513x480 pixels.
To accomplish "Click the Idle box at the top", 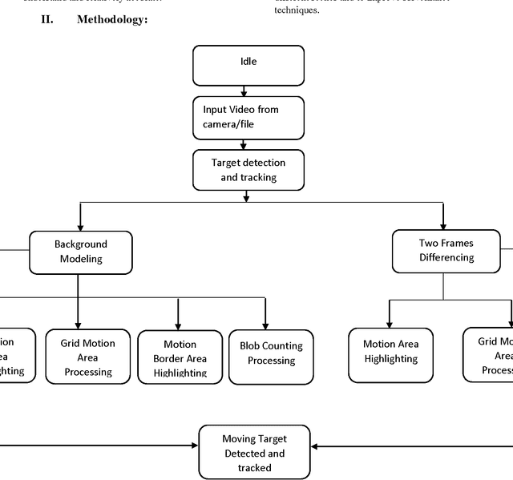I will tap(248, 65).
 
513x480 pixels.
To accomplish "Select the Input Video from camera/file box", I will tap(248, 118).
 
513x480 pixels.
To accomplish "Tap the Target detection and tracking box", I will tap(248, 170).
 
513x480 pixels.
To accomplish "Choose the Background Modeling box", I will tap(80, 252).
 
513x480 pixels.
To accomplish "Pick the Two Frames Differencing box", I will tap(446, 250).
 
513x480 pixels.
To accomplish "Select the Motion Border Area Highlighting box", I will tap(180, 358).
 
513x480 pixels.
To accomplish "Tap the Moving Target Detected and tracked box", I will tap(254, 452).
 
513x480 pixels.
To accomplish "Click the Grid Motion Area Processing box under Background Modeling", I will tap(88, 357).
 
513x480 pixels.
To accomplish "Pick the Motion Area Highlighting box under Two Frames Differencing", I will tap(390, 352).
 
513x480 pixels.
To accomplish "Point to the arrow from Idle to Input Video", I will tap(244, 91).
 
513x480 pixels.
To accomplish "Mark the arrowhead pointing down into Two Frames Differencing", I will tap(442, 224).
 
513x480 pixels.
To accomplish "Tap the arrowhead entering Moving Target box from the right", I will tap(316, 446).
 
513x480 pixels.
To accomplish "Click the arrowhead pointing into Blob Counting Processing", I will tap(265, 324).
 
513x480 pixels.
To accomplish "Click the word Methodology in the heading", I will tap(111, 19).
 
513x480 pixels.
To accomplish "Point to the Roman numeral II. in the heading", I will tap(47, 19).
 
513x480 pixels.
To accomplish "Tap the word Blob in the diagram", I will tap(252, 346).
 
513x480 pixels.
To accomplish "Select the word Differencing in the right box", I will tap(446, 257).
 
